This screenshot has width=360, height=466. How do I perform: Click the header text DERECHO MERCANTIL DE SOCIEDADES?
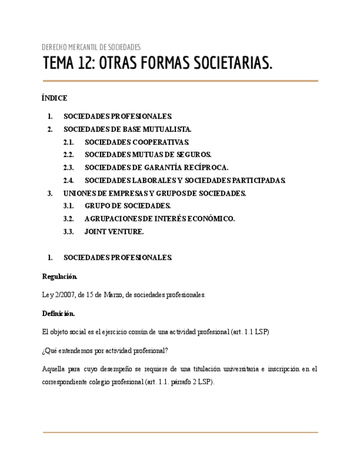[x=91, y=47]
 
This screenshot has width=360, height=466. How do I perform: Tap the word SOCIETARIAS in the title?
[x=231, y=64]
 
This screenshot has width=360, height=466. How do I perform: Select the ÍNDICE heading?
[x=54, y=98]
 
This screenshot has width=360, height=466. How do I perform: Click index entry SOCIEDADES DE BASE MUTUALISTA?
[x=128, y=129]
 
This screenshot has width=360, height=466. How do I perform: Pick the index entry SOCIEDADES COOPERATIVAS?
[x=137, y=142]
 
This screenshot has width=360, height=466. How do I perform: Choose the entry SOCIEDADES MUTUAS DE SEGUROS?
[x=148, y=155]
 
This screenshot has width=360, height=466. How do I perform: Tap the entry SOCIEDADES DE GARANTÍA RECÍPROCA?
[x=157, y=168]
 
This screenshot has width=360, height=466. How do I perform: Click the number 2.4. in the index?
[x=69, y=180]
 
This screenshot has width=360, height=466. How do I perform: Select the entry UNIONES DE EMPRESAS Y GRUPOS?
[x=154, y=193]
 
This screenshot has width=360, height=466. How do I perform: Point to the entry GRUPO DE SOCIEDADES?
[x=128, y=206]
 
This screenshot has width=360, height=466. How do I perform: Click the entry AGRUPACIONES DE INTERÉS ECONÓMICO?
[x=159, y=219]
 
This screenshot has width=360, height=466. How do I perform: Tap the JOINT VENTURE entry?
[x=114, y=232]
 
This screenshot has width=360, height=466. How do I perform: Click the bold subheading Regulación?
[x=60, y=276]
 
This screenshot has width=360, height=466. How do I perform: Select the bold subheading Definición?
[x=58, y=313]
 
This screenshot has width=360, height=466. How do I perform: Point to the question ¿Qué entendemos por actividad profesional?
[x=105, y=351]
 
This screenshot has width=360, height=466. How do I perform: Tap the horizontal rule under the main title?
[x=180, y=81]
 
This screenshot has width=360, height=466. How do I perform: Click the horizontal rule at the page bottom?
[x=180, y=432]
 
